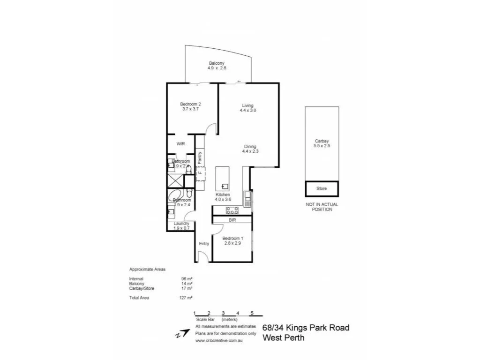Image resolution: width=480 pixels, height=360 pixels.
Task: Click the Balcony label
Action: pos(217,63)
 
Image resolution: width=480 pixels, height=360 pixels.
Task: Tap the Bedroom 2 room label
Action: pos(190,104)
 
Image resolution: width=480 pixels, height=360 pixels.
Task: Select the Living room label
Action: pos(248,105)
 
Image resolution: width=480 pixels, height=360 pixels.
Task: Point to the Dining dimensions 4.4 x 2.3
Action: pos(250,151)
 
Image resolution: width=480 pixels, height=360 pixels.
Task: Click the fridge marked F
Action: pos(200,172)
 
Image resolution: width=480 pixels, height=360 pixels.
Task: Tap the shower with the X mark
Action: pos(175,180)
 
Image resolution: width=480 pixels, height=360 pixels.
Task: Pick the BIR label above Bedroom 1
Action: pos(232,219)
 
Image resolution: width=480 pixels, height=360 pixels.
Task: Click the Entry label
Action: pos(203,244)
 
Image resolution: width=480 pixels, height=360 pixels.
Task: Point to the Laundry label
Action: pos(181,224)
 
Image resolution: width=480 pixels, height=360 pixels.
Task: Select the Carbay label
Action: pos(322,141)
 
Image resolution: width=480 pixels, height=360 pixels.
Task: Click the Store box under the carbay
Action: pos(322,188)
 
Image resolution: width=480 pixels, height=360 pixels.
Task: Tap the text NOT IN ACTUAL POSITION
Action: pos(322,207)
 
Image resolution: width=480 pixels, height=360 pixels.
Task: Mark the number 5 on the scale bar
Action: pos(252,313)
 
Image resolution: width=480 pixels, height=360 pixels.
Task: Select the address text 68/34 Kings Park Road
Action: pos(306,328)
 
